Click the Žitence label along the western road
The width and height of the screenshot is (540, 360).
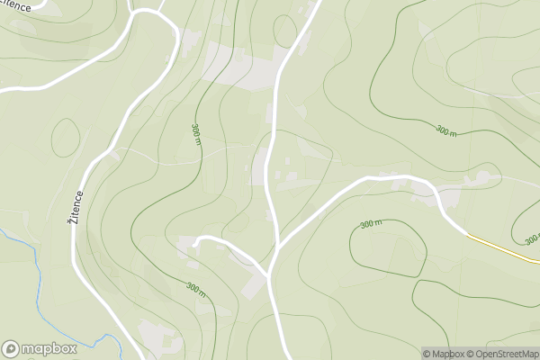click(79, 207)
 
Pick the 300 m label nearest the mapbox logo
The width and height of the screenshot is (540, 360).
click(196, 289)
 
